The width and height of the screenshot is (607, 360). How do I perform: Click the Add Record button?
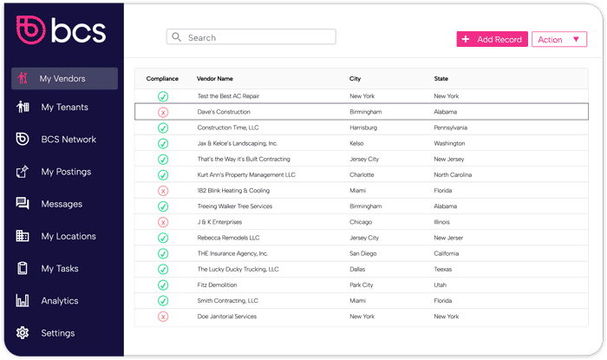click(491, 39)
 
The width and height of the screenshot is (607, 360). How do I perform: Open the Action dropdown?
click(558, 39)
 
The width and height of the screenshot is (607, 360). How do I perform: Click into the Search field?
click(251, 37)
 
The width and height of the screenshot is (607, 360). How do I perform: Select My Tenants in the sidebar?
click(64, 108)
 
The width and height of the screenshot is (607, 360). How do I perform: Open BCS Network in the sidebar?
click(68, 140)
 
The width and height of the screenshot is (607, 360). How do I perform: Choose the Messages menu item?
click(62, 204)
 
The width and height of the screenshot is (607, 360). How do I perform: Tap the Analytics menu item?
click(59, 301)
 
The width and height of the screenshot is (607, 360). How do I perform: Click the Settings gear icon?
click(23, 333)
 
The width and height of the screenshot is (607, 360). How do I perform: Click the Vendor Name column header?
click(215, 79)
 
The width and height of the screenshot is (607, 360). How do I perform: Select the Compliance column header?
click(162, 79)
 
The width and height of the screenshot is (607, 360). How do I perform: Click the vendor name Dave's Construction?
click(224, 112)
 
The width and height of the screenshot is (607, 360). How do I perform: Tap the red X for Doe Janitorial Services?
click(163, 317)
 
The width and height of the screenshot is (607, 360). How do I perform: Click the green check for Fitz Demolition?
click(163, 285)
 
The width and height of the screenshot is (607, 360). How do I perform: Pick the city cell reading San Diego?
click(363, 253)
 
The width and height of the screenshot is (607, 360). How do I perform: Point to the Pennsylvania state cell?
click(451, 128)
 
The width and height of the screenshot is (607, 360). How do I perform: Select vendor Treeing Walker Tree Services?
click(234, 206)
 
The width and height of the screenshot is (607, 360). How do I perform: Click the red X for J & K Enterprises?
click(163, 222)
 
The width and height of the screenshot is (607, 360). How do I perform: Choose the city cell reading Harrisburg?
click(363, 128)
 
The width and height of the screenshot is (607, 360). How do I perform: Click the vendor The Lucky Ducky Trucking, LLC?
click(238, 269)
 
